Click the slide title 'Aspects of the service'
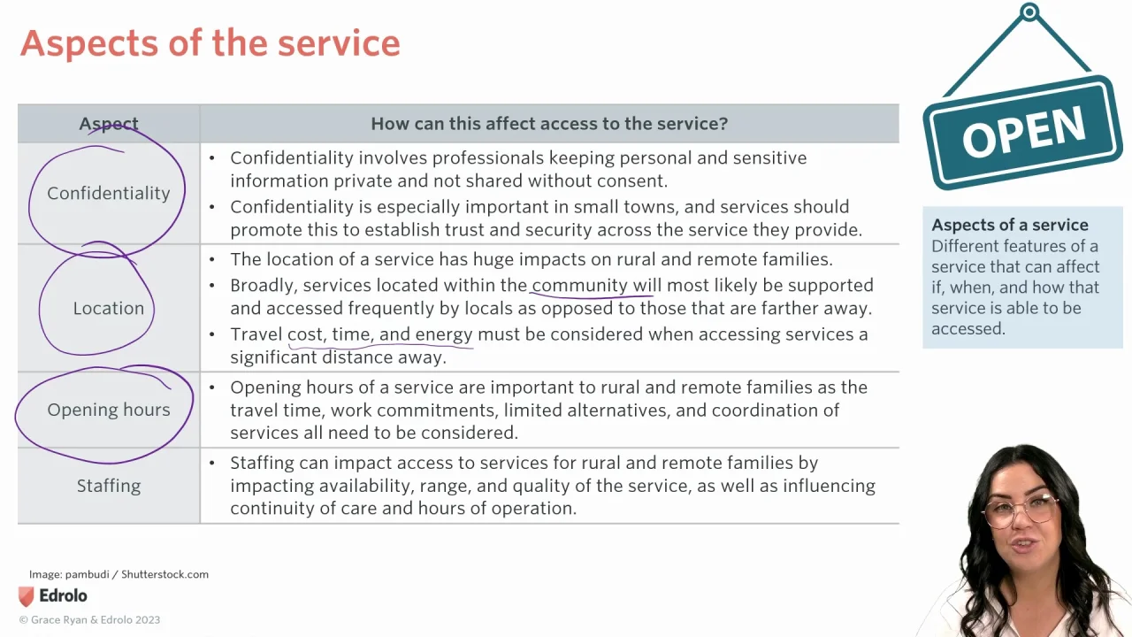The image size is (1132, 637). click(x=210, y=43)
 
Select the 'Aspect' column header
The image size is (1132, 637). click(x=109, y=124)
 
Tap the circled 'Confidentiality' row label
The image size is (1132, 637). click(x=108, y=193)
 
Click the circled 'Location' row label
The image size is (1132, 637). click(x=108, y=308)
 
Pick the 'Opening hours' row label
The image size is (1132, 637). click(x=108, y=410)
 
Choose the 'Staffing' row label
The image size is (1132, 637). click(x=108, y=486)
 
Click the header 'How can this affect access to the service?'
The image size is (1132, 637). click(x=548, y=124)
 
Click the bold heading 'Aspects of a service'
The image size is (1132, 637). click(x=1009, y=225)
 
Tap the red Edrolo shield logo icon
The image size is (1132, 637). click(x=27, y=596)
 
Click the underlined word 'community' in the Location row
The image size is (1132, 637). click(x=579, y=285)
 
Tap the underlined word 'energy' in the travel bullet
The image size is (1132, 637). click(x=443, y=334)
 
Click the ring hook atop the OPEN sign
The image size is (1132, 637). click(x=1029, y=12)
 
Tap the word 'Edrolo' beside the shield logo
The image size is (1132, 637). click(x=63, y=596)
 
